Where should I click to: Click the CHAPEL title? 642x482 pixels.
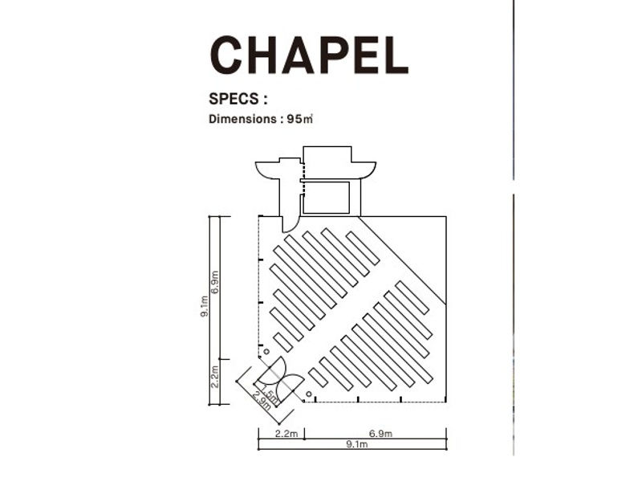(x=309, y=55)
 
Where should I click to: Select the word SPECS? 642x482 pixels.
(x=234, y=99)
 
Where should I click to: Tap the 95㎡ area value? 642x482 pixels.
(x=299, y=119)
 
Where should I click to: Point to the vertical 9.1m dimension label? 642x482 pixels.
(x=205, y=306)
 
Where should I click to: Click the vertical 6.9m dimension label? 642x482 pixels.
(x=215, y=282)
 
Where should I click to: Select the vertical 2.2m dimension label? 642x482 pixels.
(x=215, y=376)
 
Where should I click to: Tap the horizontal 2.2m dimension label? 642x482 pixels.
(x=286, y=433)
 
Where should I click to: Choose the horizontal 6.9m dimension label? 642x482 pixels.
(x=380, y=433)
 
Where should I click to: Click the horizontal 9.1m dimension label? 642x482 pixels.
(x=356, y=444)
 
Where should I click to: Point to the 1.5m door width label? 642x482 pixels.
(x=270, y=392)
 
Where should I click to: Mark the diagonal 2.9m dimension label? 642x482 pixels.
(x=262, y=400)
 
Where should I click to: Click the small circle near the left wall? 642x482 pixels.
(x=266, y=352)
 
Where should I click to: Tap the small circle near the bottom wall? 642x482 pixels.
(x=309, y=394)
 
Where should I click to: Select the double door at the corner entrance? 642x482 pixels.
(x=279, y=380)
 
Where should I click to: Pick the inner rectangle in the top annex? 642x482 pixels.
(x=327, y=198)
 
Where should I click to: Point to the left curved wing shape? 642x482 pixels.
(x=267, y=171)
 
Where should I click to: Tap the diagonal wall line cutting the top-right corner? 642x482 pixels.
(x=403, y=260)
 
